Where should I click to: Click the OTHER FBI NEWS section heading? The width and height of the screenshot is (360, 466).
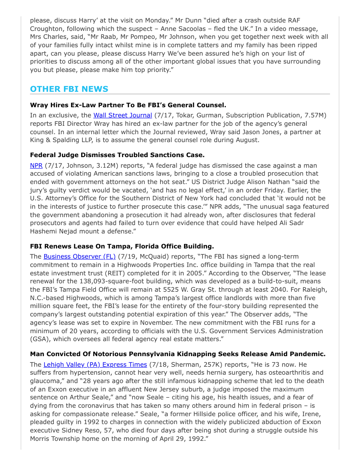pos(69,89)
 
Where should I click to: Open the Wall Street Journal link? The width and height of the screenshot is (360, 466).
pos(123,115)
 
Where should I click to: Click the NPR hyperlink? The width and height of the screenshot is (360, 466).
pos(36,165)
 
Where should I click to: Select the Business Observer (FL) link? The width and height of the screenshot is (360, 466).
pos(79,256)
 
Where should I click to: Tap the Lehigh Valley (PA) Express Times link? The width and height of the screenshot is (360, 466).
pos(95,365)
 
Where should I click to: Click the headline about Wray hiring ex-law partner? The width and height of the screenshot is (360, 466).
pos(128,105)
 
